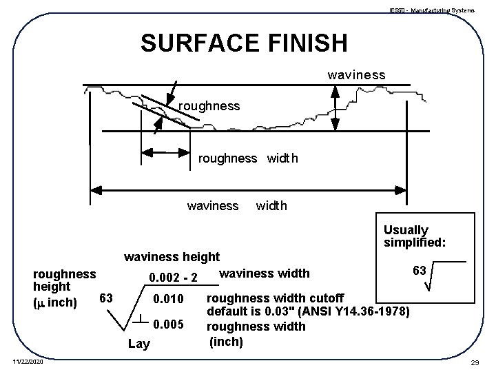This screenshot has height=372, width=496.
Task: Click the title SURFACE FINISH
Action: tap(244, 43)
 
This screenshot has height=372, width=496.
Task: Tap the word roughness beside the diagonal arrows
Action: tap(209, 106)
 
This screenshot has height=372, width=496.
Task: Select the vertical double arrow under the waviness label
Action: tap(337, 107)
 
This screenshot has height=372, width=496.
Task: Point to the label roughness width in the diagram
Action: tap(248, 158)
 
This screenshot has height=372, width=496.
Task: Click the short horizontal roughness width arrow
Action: tap(165, 152)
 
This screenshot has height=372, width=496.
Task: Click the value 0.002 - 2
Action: tap(174, 278)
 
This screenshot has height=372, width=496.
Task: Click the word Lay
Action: tap(138, 344)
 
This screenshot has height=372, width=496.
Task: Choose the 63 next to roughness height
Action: tap(105, 298)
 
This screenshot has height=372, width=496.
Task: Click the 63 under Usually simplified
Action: tap(418, 271)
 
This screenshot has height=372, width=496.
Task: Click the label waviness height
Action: tap(171, 258)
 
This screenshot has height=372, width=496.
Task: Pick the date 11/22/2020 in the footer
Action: tap(27, 362)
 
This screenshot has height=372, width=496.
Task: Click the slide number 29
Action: tap(475, 362)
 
